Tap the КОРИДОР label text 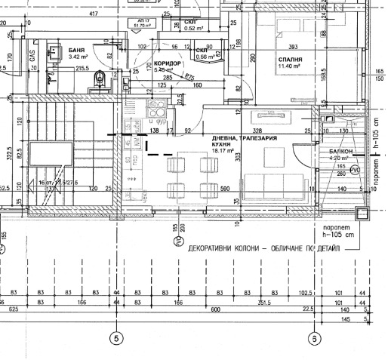[x=168, y=63]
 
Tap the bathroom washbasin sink [x=52, y=75]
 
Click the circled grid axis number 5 [x=116, y=338]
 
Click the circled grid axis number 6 [x=314, y=338]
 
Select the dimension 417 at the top [x=94, y=14]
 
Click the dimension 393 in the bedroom [x=294, y=46]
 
